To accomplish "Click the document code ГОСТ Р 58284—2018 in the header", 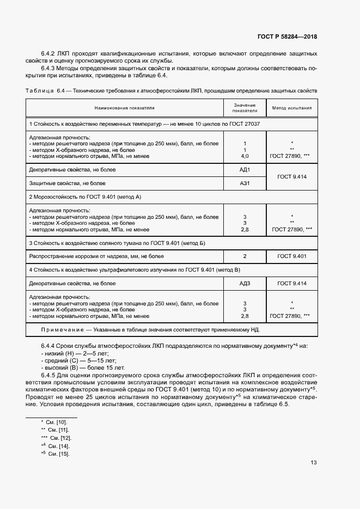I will tap(287, 36).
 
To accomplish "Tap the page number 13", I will tap(314, 463).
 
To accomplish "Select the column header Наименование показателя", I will tap(124, 108).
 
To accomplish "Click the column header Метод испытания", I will tap(292, 108).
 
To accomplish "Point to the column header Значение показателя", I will tap(245, 108).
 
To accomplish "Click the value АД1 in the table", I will tap(245, 170).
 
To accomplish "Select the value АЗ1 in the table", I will tap(245, 183).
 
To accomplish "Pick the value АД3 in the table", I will tap(245, 283).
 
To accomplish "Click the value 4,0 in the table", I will tap(245, 156).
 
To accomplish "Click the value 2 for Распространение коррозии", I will tap(245, 256).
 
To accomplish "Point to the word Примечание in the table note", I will tap(62, 330).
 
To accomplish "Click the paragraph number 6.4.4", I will tap(49, 346).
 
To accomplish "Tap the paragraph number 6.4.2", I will tap(49, 53).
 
